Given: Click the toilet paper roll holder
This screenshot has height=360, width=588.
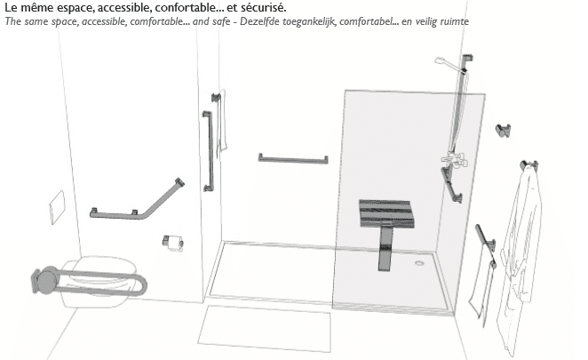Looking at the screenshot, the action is (173, 243).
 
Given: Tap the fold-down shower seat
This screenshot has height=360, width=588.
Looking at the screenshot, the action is (387, 213).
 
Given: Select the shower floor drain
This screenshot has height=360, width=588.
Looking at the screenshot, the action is (419, 263).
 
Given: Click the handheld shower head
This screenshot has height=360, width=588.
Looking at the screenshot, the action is (444, 62).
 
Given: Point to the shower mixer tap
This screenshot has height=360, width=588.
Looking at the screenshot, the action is (455, 159).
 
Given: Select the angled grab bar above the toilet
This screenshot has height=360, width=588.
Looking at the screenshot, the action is (138, 201).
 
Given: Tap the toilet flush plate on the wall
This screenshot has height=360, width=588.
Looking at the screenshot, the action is (58, 207).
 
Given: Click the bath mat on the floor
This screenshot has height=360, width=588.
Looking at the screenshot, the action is (265, 329).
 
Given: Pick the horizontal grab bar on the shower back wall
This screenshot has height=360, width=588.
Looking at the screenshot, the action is (293, 159).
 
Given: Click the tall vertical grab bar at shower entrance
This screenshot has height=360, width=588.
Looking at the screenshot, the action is (208, 151).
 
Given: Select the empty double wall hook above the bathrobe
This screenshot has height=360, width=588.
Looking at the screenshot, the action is (503, 131).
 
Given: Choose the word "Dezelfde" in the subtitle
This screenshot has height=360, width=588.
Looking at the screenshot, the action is (259, 21).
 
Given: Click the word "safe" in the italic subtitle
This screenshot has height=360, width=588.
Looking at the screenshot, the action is (219, 21).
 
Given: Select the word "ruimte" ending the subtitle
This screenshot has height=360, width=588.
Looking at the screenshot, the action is (456, 21).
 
